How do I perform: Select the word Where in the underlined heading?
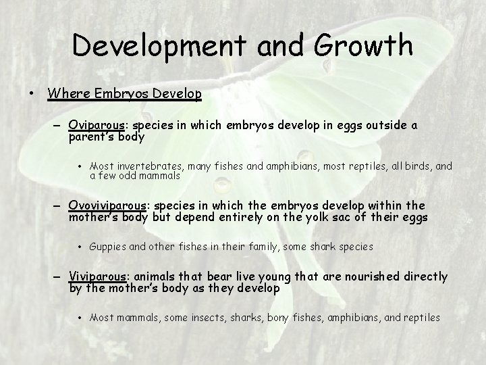67,93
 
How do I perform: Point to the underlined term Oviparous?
96,126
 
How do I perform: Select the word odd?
135,176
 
